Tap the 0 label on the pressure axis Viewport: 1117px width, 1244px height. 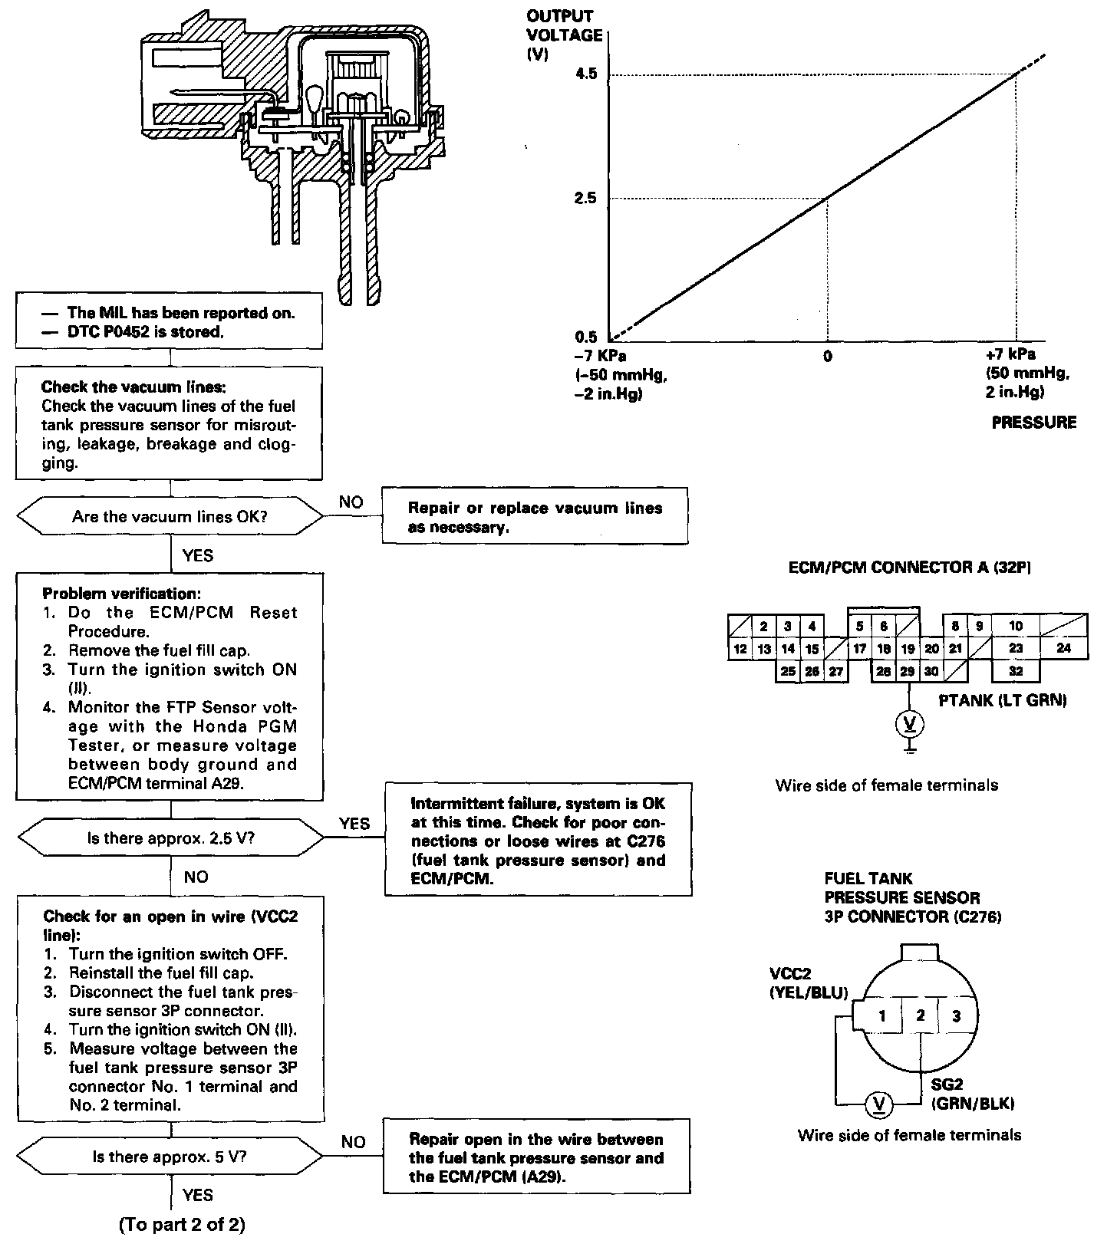click(x=827, y=357)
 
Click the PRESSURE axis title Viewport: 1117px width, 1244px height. click(x=1033, y=423)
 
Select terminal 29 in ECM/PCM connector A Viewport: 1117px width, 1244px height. click(x=908, y=671)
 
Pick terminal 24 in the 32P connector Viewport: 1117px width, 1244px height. click(x=1063, y=649)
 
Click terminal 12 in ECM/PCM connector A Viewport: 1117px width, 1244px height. click(x=740, y=650)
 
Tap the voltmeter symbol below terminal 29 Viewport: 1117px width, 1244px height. click(x=909, y=722)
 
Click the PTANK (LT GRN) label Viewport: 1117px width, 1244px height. click(x=1003, y=699)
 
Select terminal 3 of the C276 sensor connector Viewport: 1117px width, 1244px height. click(x=956, y=1016)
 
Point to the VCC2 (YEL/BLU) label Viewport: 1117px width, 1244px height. click(x=808, y=983)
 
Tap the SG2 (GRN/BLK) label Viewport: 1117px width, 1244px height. click(x=972, y=1094)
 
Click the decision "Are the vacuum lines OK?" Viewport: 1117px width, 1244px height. click(x=170, y=517)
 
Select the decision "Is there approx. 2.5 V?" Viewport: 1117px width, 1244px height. click(x=170, y=838)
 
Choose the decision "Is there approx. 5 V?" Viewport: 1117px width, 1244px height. click(x=170, y=1156)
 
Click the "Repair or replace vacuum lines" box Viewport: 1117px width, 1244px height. click(x=535, y=517)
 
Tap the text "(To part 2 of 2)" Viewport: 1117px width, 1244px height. click(x=182, y=1226)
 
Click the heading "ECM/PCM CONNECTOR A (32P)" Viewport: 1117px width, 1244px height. click(x=910, y=568)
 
